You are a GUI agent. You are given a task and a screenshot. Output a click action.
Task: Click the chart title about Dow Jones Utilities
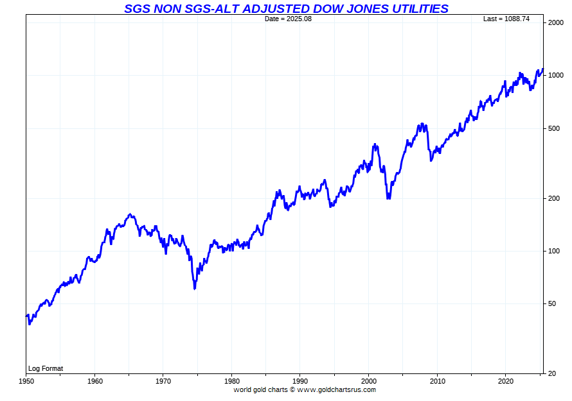pyautogui.click(x=286, y=8)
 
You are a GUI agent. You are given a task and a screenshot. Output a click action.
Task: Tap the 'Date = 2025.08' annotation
pyautogui.click(x=288, y=19)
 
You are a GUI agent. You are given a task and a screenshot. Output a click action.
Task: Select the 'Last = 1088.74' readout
pyautogui.click(x=506, y=19)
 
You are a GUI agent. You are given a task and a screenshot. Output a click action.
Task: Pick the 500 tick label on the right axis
pyautogui.click(x=555, y=128)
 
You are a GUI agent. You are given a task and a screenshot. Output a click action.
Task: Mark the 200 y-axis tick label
pyautogui.click(x=555, y=198)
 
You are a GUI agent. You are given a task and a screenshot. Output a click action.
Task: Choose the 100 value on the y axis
pyautogui.click(x=555, y=251)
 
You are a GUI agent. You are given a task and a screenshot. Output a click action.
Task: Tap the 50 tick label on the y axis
pyautogui.click(x=553, y=303)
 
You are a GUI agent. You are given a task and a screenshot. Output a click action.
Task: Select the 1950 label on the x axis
pyautogui.click(x=26, y=380)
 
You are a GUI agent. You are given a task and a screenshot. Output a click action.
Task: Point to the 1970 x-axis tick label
pyautogui.click(x=163, y=380)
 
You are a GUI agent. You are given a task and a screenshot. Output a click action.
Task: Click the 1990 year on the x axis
pyautogui.click(x=300, y=380)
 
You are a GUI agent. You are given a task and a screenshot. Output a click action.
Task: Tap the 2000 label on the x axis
pyautogui.click(x=369, y=380)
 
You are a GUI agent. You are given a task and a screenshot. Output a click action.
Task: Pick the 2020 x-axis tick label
pyautogui.click(x=506, y=380)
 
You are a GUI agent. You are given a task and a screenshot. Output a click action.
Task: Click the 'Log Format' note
pyautogui.click(x=46, y=368)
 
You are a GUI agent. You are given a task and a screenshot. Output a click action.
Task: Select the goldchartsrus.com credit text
pyautogui.click(x=305, y=389)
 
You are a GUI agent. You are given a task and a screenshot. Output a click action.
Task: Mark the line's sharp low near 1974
pyautogui.click(x=194, y=289)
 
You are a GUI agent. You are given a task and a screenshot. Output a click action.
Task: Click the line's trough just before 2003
pyautogui.click(x=388, y=198)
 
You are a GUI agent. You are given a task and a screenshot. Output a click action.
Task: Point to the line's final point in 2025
pyautogui.click(x=543, y=69)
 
